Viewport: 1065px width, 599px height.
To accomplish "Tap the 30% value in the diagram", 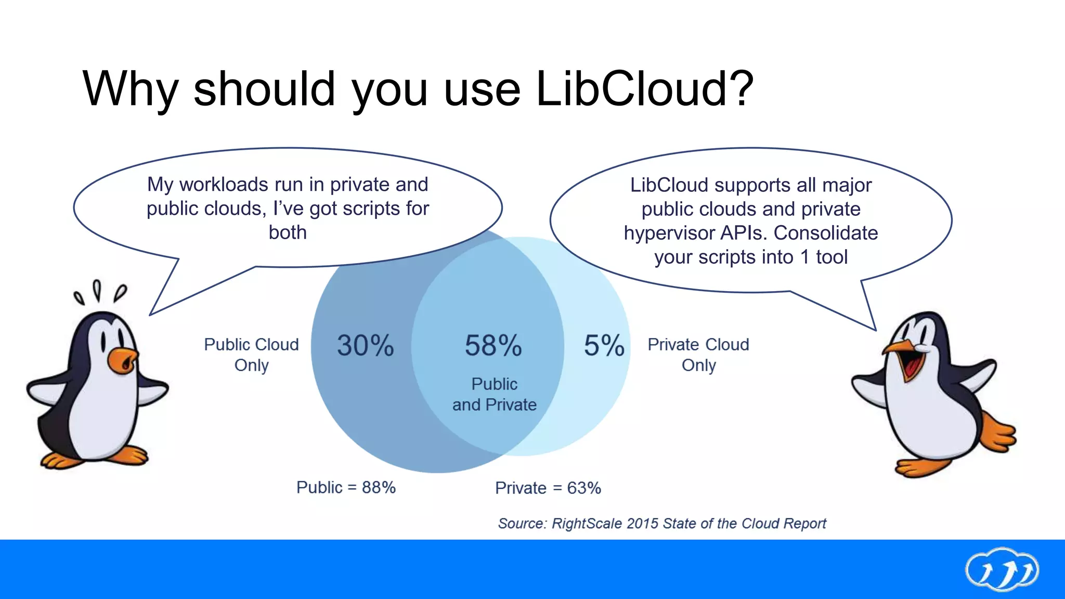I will pos(365,345).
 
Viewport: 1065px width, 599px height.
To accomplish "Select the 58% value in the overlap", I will pos(493,345).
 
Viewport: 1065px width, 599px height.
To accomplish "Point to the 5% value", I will pos(604,345).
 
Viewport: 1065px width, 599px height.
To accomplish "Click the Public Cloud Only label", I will pos(251,355).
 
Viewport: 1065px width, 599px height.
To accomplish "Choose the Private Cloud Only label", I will pos(698,355).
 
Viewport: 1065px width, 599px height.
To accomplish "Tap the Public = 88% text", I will pos(346,488).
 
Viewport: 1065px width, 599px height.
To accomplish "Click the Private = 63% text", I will pos(548,488).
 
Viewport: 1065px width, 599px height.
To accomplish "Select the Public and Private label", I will pos(494,394).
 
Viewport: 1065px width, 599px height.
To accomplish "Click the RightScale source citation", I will pos(661,523).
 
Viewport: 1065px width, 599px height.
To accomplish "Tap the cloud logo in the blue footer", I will pos(1002,570).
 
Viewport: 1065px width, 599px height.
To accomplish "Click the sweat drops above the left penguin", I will pos(99,292).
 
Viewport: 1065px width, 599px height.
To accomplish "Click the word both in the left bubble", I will pos(288,232).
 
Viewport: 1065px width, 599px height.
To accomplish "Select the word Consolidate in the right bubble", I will pos(826,233).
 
